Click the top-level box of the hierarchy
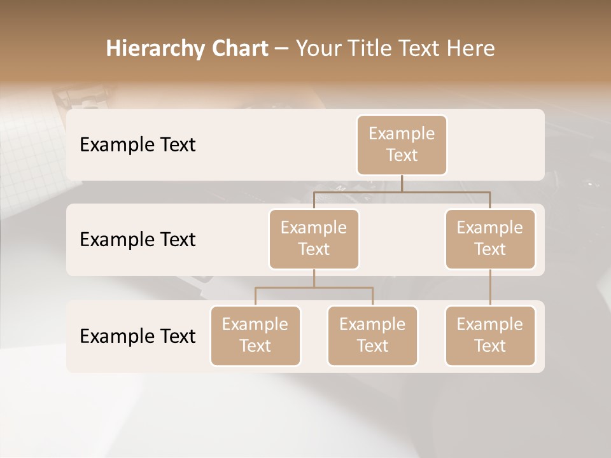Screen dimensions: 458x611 (x=402, y=144)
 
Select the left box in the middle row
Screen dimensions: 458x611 (x=314, y=239)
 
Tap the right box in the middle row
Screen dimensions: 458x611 (x=490, y=239)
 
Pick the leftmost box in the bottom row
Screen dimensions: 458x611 (x=255, y=335)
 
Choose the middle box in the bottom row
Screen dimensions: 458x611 (x=372, y=335)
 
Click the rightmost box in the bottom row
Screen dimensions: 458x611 (x=490, y=335)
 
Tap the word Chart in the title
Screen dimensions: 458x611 (x=237, y=48)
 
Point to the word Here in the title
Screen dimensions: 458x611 (x=472, y=48)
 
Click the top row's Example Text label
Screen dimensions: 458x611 (x=137, y=144)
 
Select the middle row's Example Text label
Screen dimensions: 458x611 (x=137, y=239)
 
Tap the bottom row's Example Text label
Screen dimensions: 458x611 (x=137, y=335)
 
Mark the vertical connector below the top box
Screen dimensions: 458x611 (x=402, y=183)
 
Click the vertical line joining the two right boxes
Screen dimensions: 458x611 (x=490, y=288)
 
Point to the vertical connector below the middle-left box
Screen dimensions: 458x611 (x=314, y=278)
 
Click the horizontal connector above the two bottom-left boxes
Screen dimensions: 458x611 (x=314, y=288)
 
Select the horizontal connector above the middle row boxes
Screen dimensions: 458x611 (x=402, y=191)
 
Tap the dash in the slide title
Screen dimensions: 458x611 (x=282, y=48)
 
